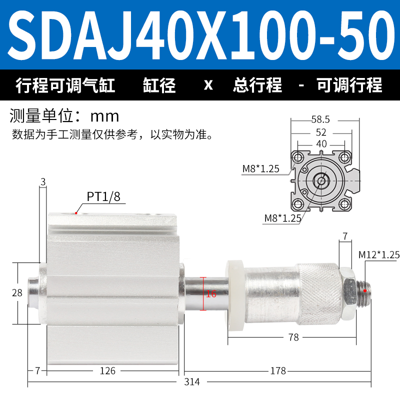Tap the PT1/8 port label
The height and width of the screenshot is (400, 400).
pos(103,196)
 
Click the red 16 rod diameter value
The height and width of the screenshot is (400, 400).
pos(211,293)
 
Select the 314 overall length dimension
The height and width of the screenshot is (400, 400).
pos(192,382)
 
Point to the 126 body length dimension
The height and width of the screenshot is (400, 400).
pos(107,370)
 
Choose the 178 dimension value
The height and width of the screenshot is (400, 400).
pos(278,370)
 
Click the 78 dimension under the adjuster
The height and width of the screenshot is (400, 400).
pos(293,337)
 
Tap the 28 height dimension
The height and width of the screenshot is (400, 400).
pos(17,292)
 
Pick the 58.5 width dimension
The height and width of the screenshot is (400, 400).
pos(320,119)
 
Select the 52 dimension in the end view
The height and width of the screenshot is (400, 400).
pos(321,132)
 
